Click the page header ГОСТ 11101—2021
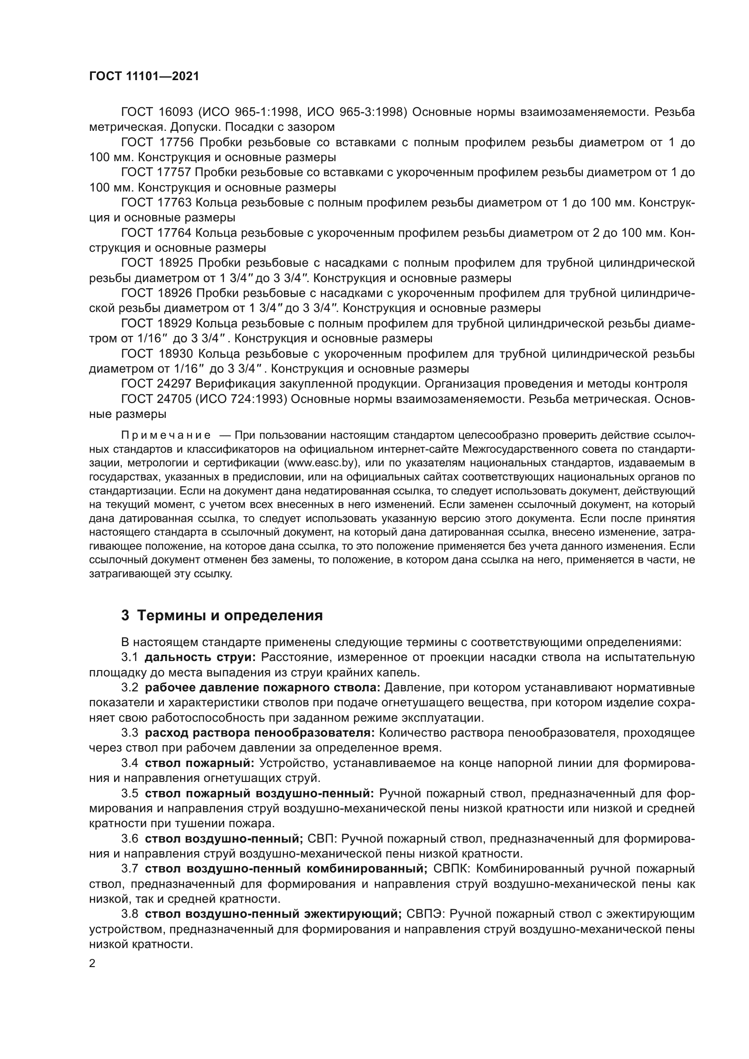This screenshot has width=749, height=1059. tap(144, 77)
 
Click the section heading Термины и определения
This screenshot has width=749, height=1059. tap(230, 616)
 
